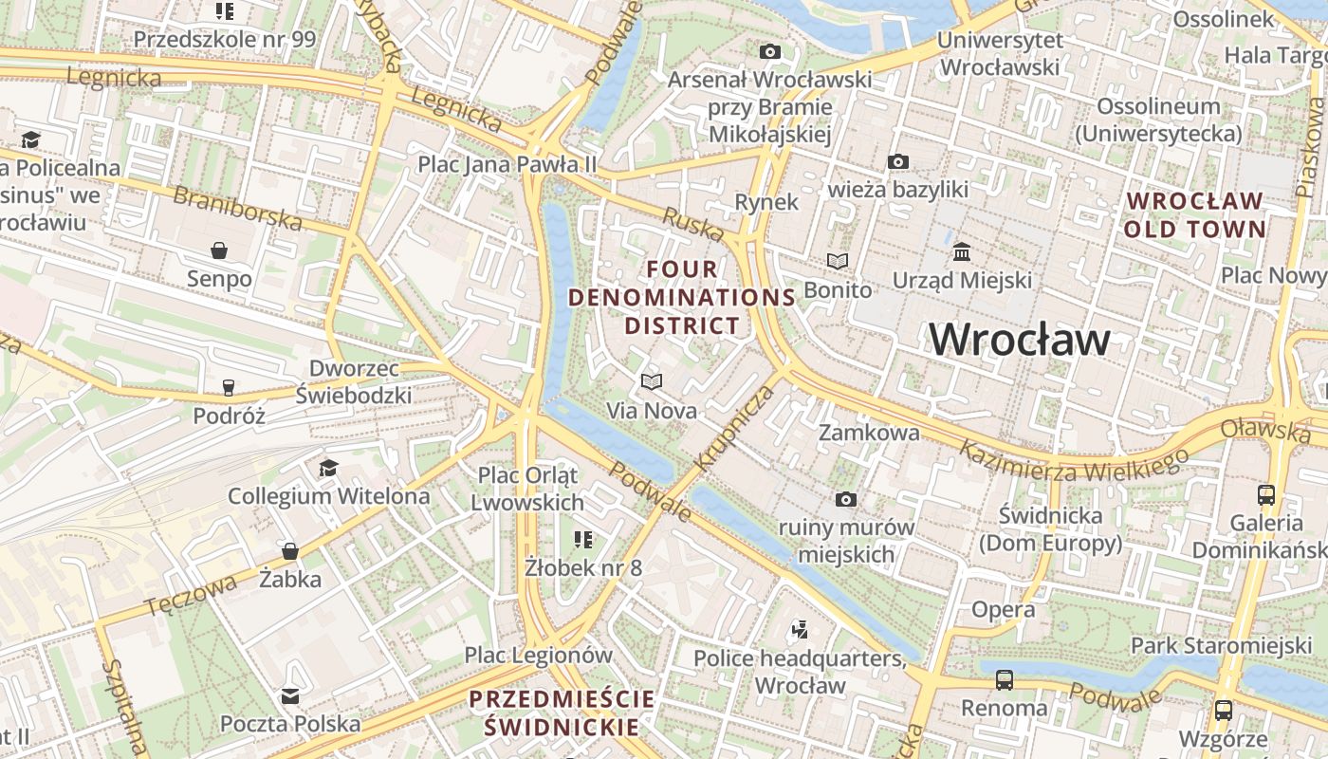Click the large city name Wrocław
pos(1019,340)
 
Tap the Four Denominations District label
pos(682,297)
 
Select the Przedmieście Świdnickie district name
pos(562,713)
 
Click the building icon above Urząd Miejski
pos(962,252)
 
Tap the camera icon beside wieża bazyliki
pos(897,162)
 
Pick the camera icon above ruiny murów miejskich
pos(845,499)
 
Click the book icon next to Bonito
pos(837,261)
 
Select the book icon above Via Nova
pos(651,381)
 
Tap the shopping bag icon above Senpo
pos(219,250)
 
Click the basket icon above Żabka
pos(290,551)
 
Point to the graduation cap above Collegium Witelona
pos(328,468)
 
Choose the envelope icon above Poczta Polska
pos(290,696)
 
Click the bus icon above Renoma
pos(1004,679)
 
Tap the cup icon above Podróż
pos(228,387)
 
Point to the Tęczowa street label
pos(191,594)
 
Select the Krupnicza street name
pos(722,429)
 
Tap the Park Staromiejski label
pos(1221,646)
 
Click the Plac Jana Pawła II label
pos(507,164)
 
